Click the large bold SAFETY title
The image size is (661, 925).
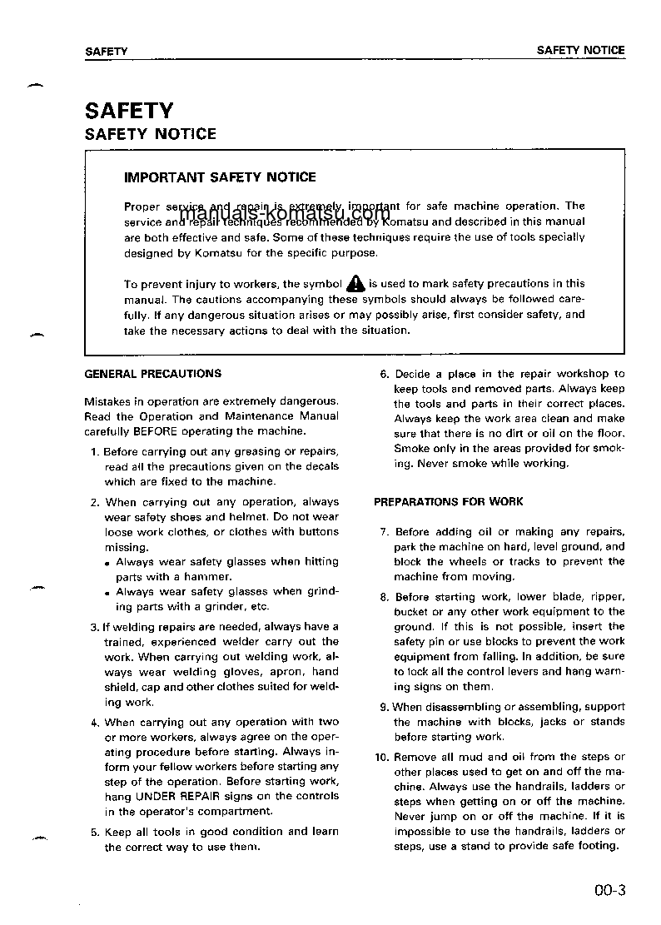tap(129, 110)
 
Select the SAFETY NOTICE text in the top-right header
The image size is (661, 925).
tap(580, 50)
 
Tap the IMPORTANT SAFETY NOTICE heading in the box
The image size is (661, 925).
tap(220, 177)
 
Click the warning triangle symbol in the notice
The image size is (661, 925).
tap(355, 283)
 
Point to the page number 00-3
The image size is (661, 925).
tap(609, 890)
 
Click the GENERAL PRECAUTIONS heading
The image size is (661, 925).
tap(153, 374)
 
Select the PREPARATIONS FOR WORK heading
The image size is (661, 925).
tap(449, 501)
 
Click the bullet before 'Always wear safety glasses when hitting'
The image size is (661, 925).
tap(108, 564)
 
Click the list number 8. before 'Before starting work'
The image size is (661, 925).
tap(385, 597)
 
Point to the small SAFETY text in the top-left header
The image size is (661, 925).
tap(107, 51)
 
